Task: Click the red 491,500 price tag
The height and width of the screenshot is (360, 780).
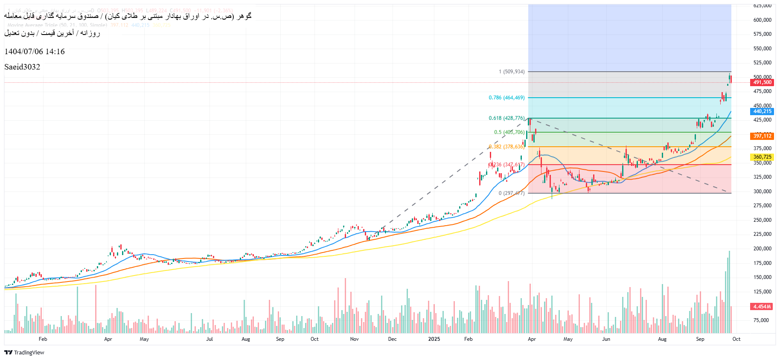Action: point(762,82)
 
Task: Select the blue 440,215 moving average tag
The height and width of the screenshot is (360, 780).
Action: point(762,111)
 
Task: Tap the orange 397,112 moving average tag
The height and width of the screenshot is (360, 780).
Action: point(762,136)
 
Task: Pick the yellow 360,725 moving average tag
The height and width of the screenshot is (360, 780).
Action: point(762,157)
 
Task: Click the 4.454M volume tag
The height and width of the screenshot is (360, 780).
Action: point(762,307)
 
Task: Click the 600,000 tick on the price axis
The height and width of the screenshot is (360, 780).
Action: point(762,20)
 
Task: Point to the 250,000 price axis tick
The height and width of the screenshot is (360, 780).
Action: point(762,220)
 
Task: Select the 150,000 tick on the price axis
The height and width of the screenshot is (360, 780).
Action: point(762,277)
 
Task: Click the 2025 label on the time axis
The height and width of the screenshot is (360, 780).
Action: point(434,339)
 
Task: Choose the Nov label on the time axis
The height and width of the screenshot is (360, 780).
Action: point(354,339)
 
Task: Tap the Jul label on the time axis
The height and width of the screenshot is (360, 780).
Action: point(210,339)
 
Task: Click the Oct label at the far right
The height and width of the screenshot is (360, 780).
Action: point(736,339)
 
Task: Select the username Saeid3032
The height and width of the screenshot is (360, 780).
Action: point(22,67)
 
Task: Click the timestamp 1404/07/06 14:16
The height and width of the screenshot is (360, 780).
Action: point(35,52)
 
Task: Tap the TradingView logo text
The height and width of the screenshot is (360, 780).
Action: point(29,352)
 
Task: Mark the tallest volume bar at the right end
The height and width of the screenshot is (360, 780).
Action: point(729,292)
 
